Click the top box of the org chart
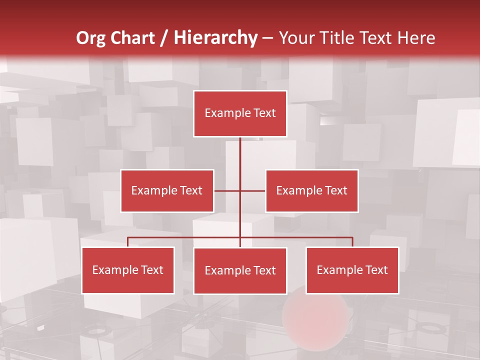(x=240, y=113)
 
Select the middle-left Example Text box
(x=167, y=190)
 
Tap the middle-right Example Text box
(x=311, y=190)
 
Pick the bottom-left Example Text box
(x=128, y=270)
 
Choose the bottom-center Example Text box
(x=240, y=270)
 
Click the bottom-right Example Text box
(x=352, y=270)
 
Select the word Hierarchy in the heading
(x=215, y=38)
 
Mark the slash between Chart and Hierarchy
(x=164, y=38)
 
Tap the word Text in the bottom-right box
(x=376, y=270)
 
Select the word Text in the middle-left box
(x=190, y=190)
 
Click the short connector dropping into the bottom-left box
(x=128, y=242)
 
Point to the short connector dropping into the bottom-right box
(x=352, y=242)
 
